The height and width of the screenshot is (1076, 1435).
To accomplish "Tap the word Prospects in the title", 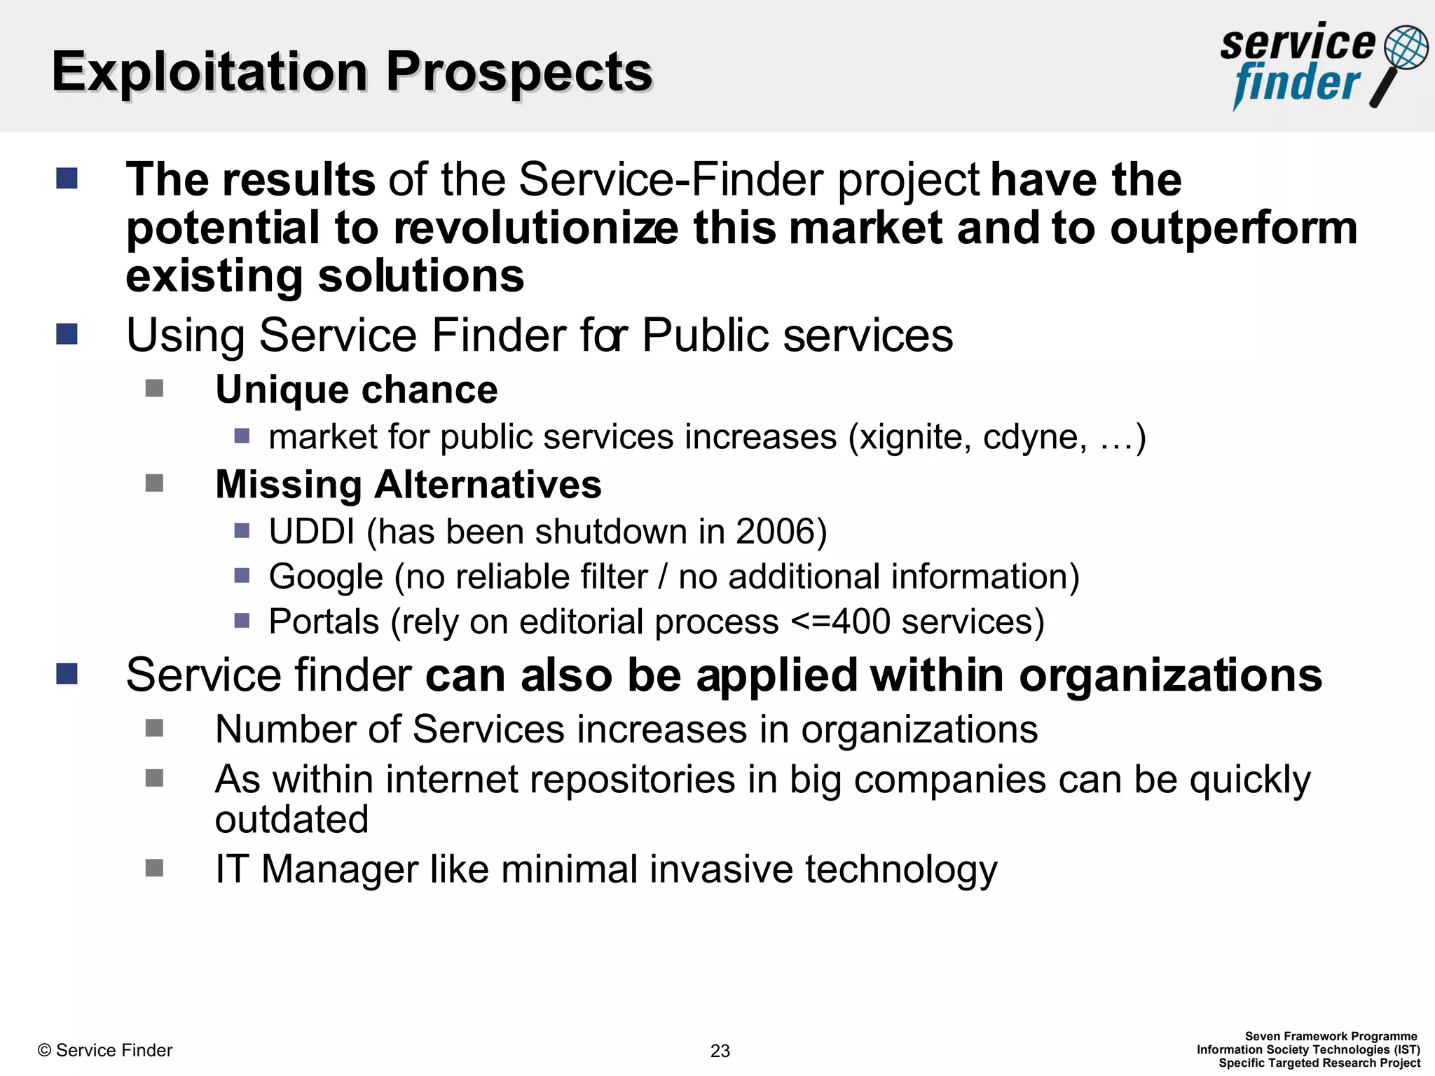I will (x=519, y=72).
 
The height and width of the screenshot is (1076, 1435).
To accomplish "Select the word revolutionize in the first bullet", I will (x=535, y=228).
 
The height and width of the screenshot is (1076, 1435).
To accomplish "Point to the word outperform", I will (x=1234, y=228).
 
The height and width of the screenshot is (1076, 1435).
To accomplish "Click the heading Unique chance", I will (x=356, y=389).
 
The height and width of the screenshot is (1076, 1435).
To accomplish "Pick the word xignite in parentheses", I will (x=915, y=437).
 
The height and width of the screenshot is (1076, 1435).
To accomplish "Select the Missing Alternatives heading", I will (x=408, y=484).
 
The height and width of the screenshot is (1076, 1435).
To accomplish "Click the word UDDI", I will (x=312, y=532).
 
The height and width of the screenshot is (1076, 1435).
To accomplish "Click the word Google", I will (x=326, y=577).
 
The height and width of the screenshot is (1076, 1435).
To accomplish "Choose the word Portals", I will (x=324, y=621).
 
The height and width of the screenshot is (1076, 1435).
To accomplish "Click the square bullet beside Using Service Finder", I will (x=67, y=334).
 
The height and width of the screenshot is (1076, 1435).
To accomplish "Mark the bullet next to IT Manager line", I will (x=154, y=868).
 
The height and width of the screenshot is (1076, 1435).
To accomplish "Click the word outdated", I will (x=291, y=820).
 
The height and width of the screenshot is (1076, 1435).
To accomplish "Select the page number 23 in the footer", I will (x=720, y=1051).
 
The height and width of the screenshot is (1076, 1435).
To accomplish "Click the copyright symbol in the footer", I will (x=44, y=1050).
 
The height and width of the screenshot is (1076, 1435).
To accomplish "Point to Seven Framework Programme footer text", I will (x=1331, y=1036).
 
